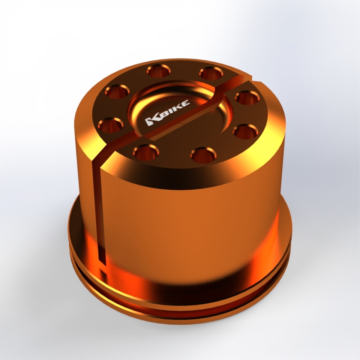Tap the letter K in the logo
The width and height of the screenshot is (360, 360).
click(x=151, y=121)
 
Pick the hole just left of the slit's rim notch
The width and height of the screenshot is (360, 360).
click(x=210, y=73)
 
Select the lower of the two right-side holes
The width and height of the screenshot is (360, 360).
click(x=245, y=132)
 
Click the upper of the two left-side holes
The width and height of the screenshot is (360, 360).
click(x=117, y=91)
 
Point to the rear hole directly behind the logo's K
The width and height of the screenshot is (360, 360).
click(x=158, y=70)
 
